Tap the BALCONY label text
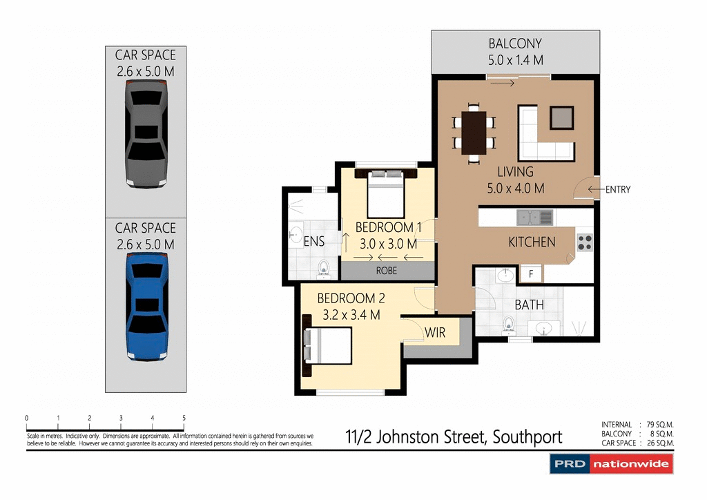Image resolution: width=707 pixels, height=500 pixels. coord(515,44)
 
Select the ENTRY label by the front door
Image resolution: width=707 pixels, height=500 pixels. coord(617,190)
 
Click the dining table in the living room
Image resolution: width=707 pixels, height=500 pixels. coord(474,133)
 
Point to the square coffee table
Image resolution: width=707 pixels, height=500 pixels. coord(561,119)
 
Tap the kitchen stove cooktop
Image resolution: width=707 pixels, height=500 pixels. coord(584,242)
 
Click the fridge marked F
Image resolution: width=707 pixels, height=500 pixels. coord(530,273)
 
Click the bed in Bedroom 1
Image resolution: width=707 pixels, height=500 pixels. coord(385,195)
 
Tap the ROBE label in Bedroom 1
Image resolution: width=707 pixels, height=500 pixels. coord(387,271)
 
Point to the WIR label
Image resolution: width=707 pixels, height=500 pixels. coord(435,333)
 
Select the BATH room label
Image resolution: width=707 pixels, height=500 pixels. coord(529,305)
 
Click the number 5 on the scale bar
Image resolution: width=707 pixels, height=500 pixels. coord(184,418)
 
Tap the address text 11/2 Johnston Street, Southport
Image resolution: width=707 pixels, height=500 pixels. coord(454,436)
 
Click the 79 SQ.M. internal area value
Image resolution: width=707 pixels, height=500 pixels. coord(659,425)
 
